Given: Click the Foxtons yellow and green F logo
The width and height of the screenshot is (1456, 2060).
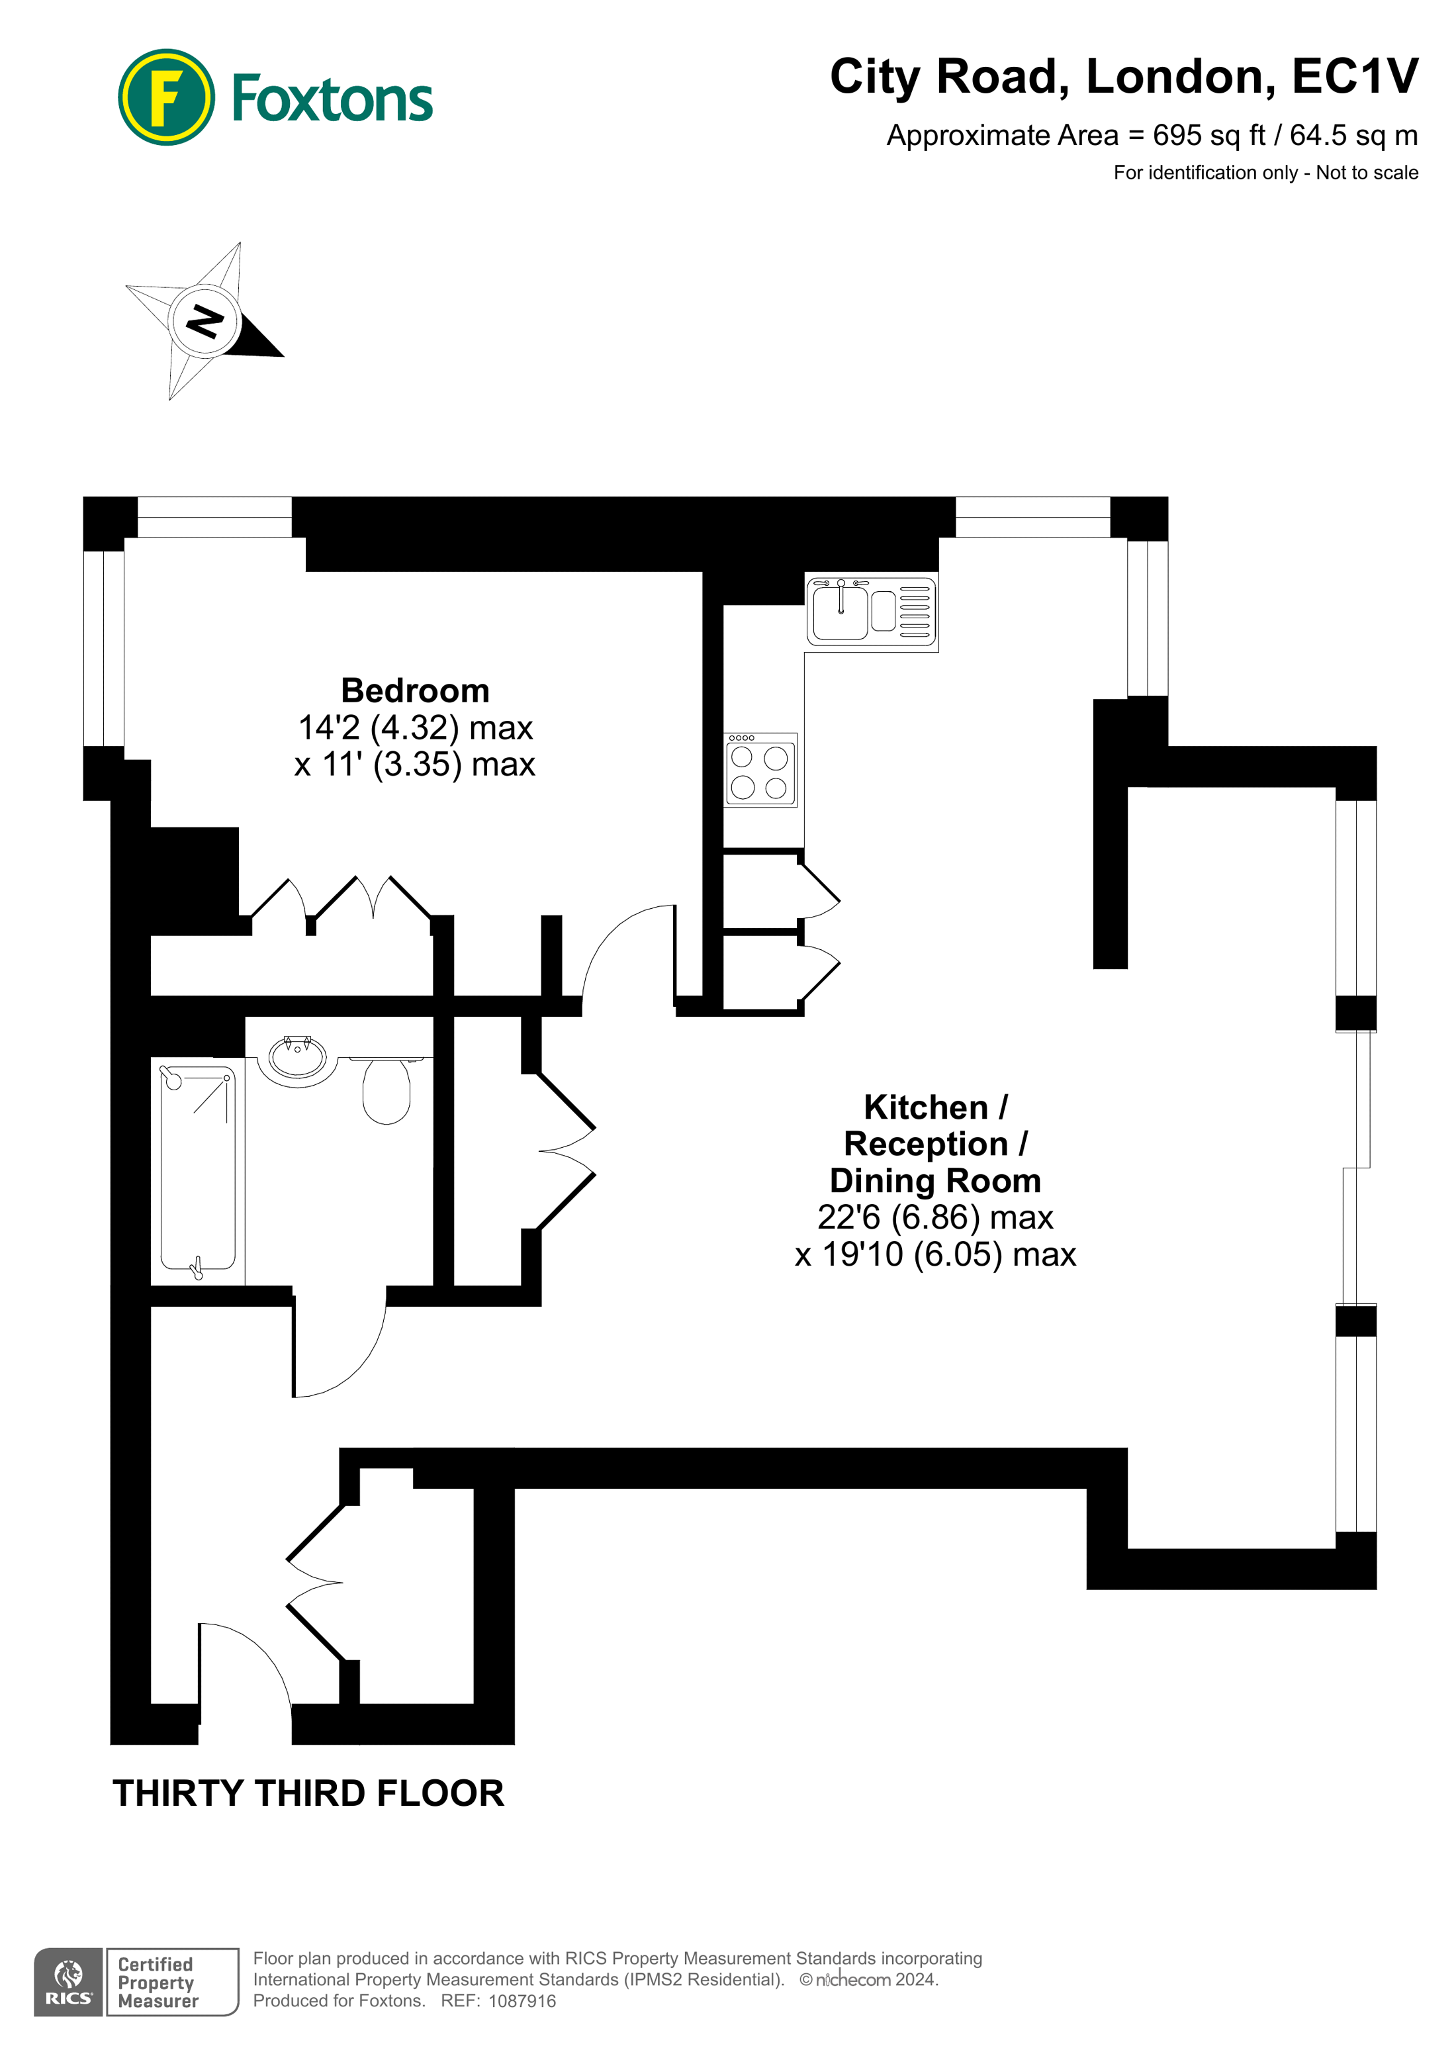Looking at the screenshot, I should tap(166, 98).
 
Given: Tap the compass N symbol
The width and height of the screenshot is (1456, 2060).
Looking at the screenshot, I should tap(205, 321).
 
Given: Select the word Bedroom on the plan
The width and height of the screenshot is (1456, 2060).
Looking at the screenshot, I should tap(416, 691).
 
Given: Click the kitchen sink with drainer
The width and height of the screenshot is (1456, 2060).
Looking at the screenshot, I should tap(871, 611).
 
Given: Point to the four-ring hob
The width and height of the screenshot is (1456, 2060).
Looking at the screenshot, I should tap(760, 771).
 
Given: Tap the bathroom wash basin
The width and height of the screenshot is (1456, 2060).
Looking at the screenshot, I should tap(298, 1058).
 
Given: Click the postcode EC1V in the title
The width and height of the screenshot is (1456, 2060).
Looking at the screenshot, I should tap(1355, 76).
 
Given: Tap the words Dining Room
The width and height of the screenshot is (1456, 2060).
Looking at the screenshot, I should tap(934, 1181).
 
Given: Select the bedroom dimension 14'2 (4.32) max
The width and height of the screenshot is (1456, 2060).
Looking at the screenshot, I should tap(416, 727).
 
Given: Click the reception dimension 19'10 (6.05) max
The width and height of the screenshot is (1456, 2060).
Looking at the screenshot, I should tap(934, 1254).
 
